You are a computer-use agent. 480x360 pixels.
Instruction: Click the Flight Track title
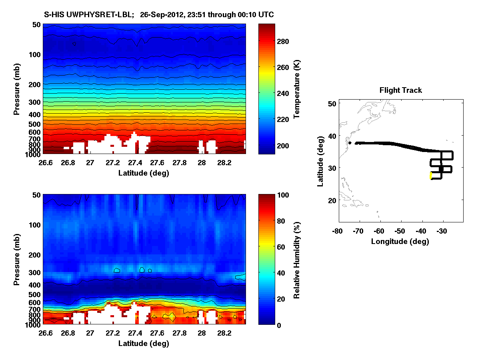tap(400, 90)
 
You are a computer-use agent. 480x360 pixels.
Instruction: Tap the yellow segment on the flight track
tap(431, 176)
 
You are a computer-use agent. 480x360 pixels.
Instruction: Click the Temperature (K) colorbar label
tap(297, 89)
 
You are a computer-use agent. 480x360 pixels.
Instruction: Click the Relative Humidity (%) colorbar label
tap(297, 259)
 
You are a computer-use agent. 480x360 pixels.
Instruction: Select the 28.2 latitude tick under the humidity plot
tap(224, 333)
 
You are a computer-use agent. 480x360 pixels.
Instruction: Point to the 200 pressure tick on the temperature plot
tap(35, 84)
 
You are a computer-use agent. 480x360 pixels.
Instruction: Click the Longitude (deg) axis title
tap(400, 241)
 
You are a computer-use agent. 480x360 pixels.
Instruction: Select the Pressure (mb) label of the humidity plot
tap(17, 259)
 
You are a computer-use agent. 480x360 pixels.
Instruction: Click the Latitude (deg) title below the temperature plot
tap(144, 173)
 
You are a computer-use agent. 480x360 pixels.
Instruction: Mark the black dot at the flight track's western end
tap(350, 143)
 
